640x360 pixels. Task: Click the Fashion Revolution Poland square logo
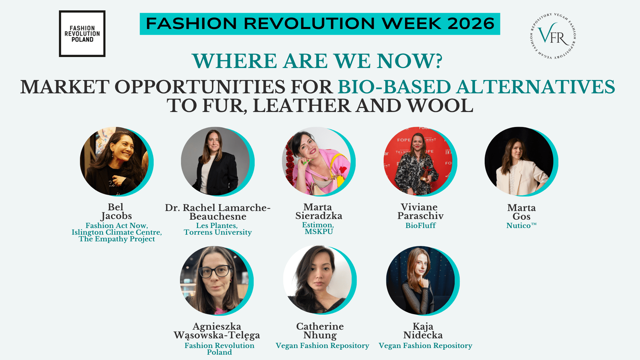pyautogui.click(x=82, y=34)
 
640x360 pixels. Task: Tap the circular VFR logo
pyautogui.click(x=553, y=36)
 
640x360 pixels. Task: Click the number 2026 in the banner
pyautogui.click(x=471, y=24)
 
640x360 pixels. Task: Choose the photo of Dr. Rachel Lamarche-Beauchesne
pyautogui.click(x=215, y=161)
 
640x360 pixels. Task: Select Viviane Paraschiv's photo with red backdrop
pyautogui.click(x=418, y=161)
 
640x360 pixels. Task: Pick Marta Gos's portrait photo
pyautogui.click(x=519, y=161)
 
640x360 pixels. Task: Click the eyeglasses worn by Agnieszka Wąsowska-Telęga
pyautogui.click(x=215, y=271)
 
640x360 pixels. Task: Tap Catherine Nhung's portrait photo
pyautogui.click(x=317, y=280)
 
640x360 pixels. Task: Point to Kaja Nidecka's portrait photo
pyautogui.click(x=420, y=280)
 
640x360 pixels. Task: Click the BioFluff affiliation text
pyautogui.click(x=421, y=226)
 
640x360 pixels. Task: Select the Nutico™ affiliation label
pyautogui.click(x=521, y=226)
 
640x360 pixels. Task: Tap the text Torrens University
pyautogui.click(x=218, y=233)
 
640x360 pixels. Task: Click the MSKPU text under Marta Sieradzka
pyautogui.click(x=319, y=232)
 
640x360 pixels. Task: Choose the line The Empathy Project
pyautogui.click(x=117, y=239)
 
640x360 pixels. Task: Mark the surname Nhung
pyautogui.click(x=320, y=335)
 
